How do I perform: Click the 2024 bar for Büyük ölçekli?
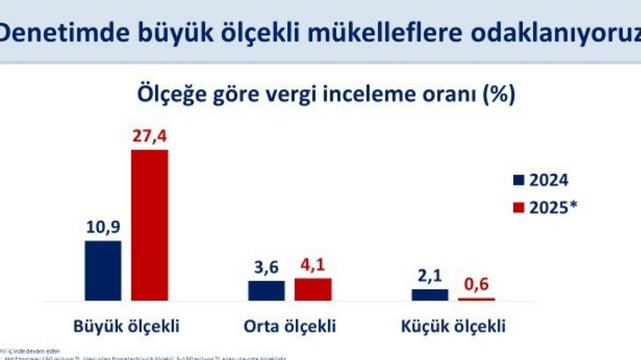coord(103,270)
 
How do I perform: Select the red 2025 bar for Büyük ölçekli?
coord(149,225)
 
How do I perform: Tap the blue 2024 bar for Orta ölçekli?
coord(266,290)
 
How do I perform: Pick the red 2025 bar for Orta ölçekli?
coord(313,289)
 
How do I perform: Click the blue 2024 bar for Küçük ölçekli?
coord(430,294)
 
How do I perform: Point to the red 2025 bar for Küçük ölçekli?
coord(476,299)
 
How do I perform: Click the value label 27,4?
coord(150,138)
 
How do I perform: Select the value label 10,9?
coord(103,228)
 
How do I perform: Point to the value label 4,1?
coord(313,266)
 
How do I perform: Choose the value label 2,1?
coord(430,277)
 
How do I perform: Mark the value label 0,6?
coord(476,284)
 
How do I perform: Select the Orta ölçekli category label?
coord(290,326)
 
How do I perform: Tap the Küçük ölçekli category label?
coord(453,326)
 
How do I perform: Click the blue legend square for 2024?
coord(519,180)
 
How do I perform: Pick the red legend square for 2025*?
coord(519,208)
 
